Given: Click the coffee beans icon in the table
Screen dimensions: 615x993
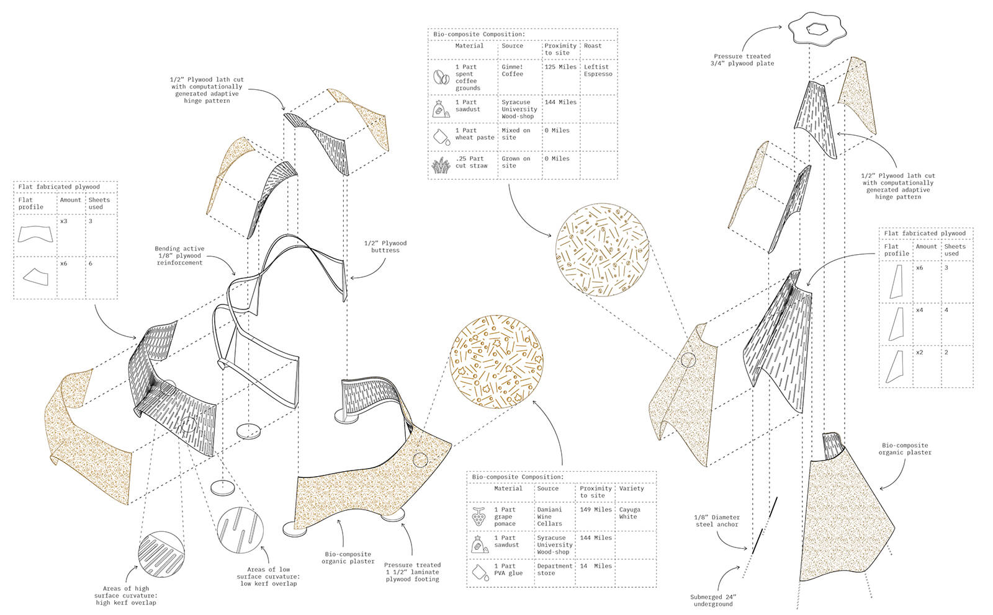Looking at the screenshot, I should (x=441, y=77).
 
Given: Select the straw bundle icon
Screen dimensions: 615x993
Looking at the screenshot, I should (x=441, y=165).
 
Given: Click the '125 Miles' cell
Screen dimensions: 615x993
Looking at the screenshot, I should (x=560, y=67).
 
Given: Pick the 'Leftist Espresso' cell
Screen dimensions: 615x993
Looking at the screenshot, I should (x=598, y=71).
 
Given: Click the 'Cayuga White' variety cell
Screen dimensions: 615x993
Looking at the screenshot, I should (x=630, y=513).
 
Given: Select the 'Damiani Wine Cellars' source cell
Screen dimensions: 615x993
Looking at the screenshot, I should (x=550, y=516).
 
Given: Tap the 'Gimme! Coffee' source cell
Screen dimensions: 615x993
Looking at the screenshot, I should (x=513, y=71).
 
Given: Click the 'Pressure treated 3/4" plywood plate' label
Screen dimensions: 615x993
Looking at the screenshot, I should (x=742, y=60).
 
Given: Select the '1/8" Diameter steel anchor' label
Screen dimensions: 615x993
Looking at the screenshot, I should (x=717, y=521).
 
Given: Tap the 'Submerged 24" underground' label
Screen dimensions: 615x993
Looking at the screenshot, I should (x=713, y=601).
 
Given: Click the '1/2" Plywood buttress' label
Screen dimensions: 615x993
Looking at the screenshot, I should (x=385, y=247).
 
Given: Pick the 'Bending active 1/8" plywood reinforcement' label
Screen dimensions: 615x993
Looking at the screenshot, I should (x=179, y=255).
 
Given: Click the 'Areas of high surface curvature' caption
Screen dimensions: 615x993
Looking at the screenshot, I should (x=126, y=595).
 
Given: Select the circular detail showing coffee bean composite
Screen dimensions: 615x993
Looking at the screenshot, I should (x=601, y=249).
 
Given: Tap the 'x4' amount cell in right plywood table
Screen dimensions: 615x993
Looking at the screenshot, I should (x=919, y=310).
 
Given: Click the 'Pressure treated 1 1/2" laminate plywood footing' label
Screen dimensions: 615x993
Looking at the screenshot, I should (x=412, y=572).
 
